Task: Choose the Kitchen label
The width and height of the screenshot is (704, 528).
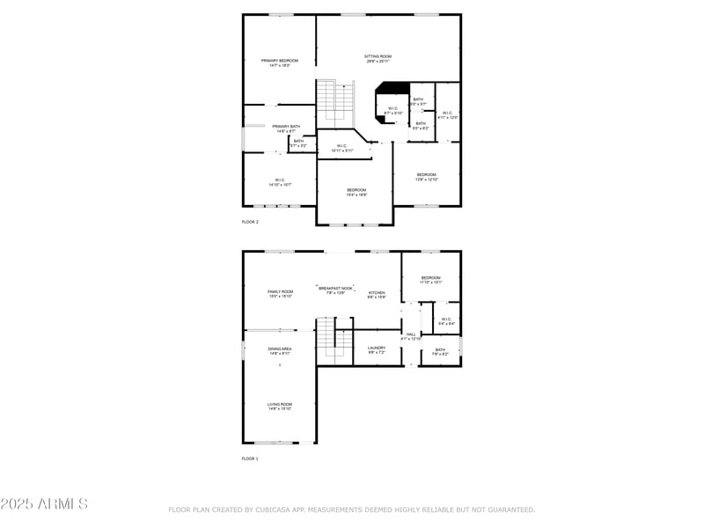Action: coord(377,294)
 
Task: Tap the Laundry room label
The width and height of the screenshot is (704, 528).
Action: coord(377,349)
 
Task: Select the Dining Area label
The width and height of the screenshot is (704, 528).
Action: coord(280,349)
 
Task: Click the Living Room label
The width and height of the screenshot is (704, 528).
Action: coord(280,406)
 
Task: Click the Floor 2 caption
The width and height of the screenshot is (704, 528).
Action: coord(251,222)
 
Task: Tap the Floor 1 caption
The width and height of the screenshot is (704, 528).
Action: coord(251,458)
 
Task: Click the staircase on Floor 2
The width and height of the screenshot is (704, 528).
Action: coord(335,101)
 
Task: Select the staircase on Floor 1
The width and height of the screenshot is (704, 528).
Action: coord(327,340)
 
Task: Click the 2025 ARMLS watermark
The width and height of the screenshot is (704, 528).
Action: coord(44,504)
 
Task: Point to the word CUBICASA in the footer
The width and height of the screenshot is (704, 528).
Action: coord(275,510)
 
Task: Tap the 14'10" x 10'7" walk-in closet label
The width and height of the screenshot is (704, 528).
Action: coord(278,182)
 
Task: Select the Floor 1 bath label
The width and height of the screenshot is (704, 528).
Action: coord(440,351)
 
